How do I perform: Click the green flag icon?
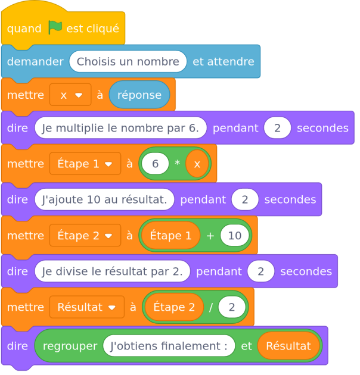[x=55, y=27]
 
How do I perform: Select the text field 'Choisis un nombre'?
[x=128, y=61]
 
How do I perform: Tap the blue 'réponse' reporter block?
[x=139, y=95]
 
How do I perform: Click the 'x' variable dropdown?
[x=70, y=95]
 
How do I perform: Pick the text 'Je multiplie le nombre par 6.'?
[x=120, y=128]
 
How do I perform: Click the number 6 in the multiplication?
[x=156, y=164]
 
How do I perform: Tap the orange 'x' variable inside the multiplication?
[x=197, y=164]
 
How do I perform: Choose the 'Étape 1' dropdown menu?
[x=85, y=164]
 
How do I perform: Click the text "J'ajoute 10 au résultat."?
[x=104, y=199]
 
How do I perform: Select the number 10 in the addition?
[x=234, y=236]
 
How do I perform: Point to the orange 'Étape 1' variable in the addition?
[x=170, y=236]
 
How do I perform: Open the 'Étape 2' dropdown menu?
[x=85, y=236]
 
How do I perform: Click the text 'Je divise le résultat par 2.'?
[x=112, y=271]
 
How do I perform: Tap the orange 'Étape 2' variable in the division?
[x=174, y=307]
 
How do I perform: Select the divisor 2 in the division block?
[x=231, y=307]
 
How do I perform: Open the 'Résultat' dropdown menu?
[x=86, y=307]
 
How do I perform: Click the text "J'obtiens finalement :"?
[x=169, y=346]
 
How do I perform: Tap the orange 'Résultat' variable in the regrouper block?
[x=288, y=346]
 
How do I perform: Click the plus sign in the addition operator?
[x=210, y=236]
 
